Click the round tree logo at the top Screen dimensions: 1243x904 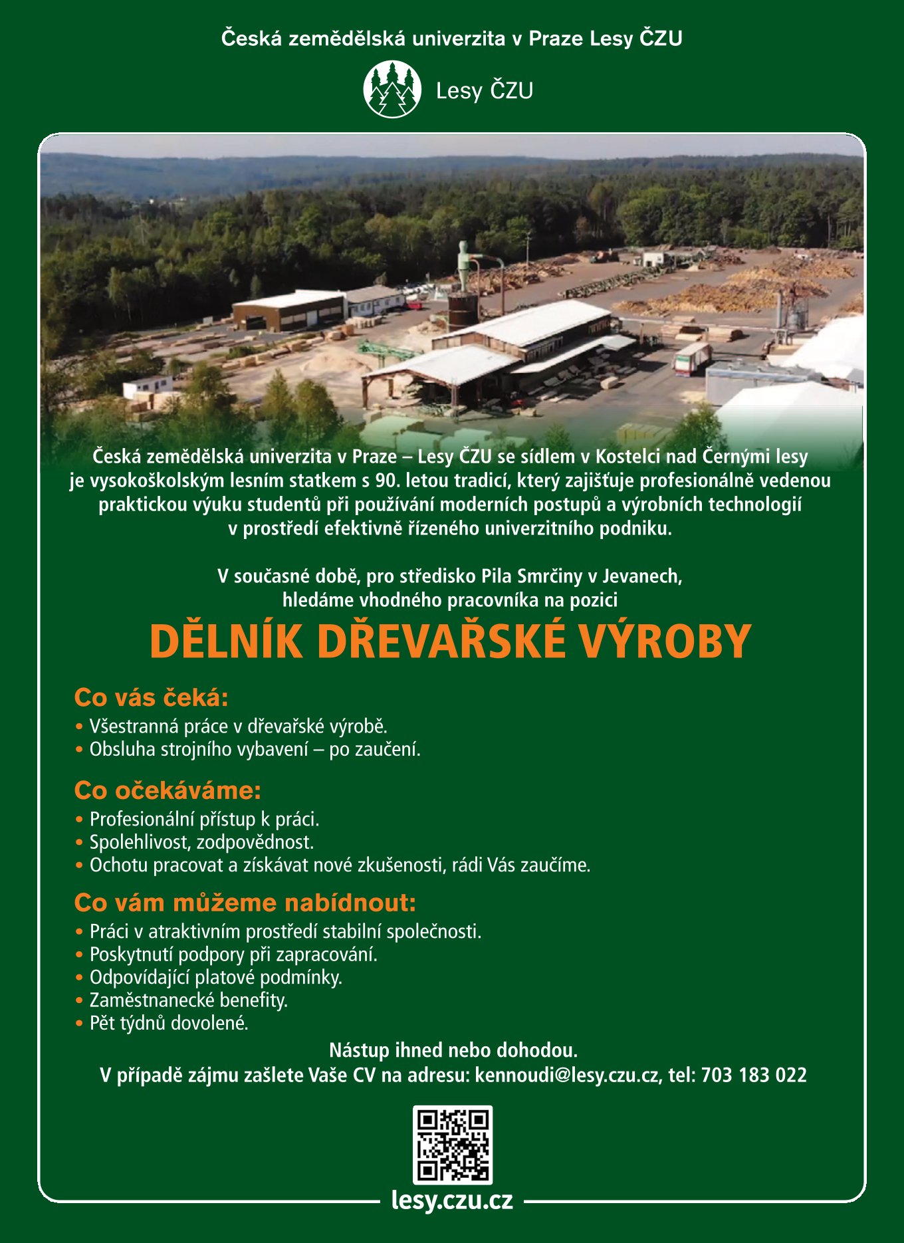392,90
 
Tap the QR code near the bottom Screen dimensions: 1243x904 452,1145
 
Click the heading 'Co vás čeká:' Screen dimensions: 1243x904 152,698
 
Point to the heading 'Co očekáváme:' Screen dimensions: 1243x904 168,790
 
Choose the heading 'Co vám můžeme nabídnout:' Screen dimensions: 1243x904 245,903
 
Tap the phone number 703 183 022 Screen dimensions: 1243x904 754,1075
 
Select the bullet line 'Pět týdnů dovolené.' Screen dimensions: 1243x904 169,1023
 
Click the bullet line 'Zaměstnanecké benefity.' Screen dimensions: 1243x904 188,1000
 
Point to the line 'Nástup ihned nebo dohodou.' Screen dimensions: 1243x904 453,1050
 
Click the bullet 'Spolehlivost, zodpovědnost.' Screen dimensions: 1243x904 201,842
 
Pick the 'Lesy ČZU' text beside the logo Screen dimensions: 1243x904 485,90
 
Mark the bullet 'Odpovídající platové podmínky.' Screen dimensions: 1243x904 215,977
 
